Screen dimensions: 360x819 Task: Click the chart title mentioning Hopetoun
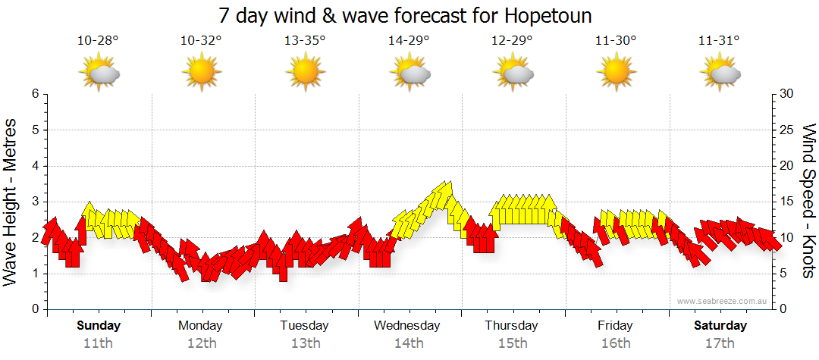(405, 16)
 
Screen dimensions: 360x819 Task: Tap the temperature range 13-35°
(305, 41)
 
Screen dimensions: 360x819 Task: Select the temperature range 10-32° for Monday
(201, 41)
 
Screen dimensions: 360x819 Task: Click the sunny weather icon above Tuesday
(305, 73)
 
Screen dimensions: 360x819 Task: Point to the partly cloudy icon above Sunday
(99, 73)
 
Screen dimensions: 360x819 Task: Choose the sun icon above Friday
(616, 73)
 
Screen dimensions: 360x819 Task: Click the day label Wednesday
(407, 326)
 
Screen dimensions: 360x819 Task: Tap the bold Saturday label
(720, 326)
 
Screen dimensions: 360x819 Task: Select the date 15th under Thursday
(513, 343)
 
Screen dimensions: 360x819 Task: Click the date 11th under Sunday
(99, 343)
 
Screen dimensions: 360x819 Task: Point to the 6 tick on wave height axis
(34, 94)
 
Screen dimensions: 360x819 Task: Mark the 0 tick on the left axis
(34, 309)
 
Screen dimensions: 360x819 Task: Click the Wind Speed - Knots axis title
(808, 201)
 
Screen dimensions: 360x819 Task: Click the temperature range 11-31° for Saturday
(719, 41)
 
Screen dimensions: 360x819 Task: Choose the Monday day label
(200, 326)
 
